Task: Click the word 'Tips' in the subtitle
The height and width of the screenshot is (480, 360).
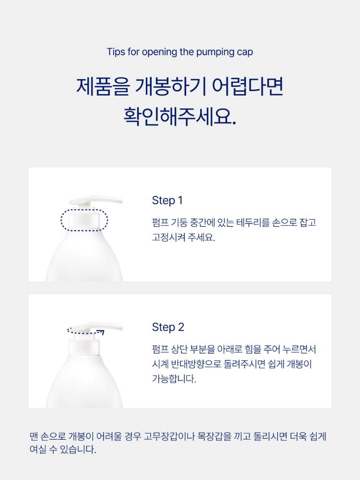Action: coord(116,52)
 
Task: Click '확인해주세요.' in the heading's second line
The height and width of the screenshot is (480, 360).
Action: coord(180,116)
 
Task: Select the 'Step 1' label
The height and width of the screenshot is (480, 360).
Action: coord(167,200)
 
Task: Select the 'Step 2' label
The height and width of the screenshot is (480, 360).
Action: coord(168,327)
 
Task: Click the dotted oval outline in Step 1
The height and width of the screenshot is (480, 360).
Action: coord(61,220)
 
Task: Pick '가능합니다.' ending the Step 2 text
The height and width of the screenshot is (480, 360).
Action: coord(174,379)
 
